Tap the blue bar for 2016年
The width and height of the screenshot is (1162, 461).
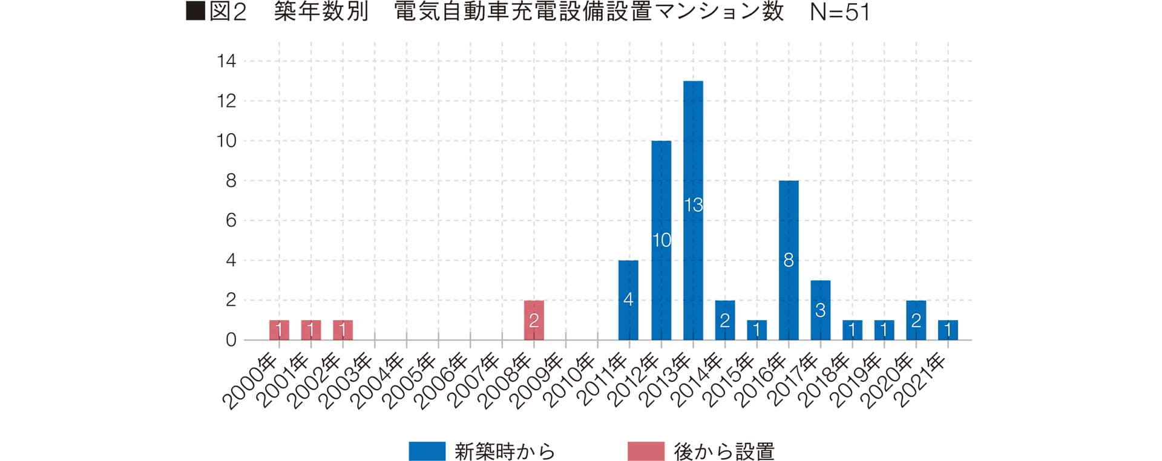[x=789, y=260]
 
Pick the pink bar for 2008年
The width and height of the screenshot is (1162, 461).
[x=534, y=320]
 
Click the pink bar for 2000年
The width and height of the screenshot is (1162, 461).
[x=279, y=330]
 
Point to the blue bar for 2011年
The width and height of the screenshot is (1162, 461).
[x=628, y=300]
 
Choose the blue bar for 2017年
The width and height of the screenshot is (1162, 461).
[x=820, y=310]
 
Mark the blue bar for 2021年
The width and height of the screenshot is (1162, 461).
[x=948, y=330]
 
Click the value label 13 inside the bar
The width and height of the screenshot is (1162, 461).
[x=694, y=205]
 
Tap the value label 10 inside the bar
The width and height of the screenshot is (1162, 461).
[x=661, y=240]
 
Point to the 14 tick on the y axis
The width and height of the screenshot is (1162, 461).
[x=227, y=61]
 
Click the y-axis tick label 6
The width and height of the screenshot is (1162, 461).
[x=231, y=221]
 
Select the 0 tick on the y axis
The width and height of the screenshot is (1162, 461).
[x=231, y=340]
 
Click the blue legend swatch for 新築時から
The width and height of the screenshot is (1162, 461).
[x=427, y=451]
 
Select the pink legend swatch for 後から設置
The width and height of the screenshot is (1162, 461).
[x=646, y=451]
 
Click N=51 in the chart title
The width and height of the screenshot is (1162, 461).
[x=839, y=13]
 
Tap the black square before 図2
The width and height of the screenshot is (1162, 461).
[x=195, y=11]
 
